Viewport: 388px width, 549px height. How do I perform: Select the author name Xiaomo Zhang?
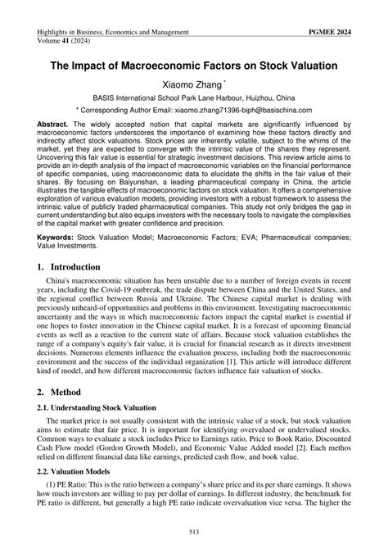tap(191, 82)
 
